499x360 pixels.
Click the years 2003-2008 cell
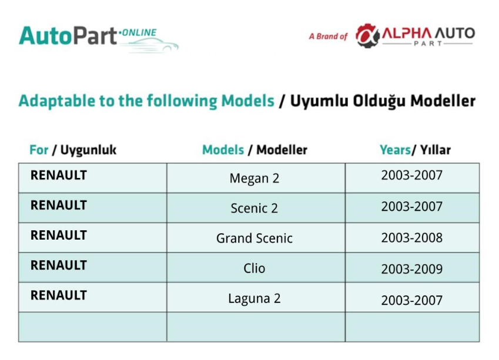pyautogui.click(x=412, y=238)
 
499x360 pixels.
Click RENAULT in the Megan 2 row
pyautogui.click(x=59, y=175)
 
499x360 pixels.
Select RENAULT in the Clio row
pyautogui.click(x=59, y=265)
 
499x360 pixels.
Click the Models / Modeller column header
pyautogui.click(x=254, y=150)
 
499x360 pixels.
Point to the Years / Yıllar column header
pyautogui.click(x=415, y=150)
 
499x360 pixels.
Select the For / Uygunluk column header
pyautogui.click(x=73, y=150)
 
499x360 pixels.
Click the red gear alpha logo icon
pyautogui.click(x=367, y=36)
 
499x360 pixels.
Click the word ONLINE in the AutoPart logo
pyautogui.click(x=139, y=32)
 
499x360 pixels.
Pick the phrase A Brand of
pyautogui.click(x=328, y=36)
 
